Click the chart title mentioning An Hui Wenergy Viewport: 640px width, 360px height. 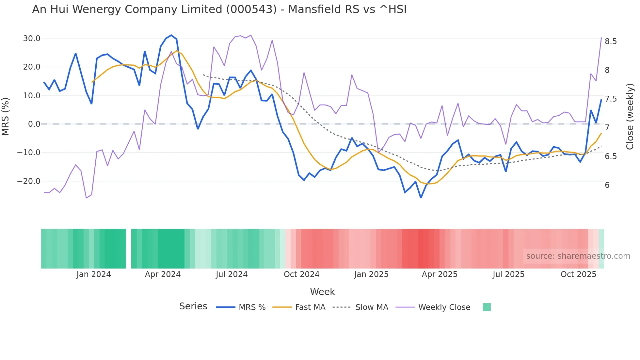tap(219, 9)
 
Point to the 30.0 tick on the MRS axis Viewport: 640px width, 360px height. tap(32, 39)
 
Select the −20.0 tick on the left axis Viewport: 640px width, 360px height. tap(29, 181)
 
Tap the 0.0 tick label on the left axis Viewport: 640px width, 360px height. tap(34, 124)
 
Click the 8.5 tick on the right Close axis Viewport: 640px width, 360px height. tap(611, 41)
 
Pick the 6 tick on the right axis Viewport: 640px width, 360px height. tap(607, 185)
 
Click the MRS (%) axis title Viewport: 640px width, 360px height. tap(6, 116)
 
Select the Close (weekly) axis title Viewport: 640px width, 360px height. tap(630, 117)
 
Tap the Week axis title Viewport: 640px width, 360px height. tap(322, 292)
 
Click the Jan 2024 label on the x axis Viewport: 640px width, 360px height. tap(94, 274)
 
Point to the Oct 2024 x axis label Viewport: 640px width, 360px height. tap(301, 274)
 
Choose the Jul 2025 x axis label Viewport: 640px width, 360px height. tap(508, 274)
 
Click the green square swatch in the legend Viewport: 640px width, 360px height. tap(487, 307)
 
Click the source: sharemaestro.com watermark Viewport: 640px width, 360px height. tap(578, 256)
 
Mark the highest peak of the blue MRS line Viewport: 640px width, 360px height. tap(171, 35)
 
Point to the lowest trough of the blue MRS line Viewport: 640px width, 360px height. tap(421, 198)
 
